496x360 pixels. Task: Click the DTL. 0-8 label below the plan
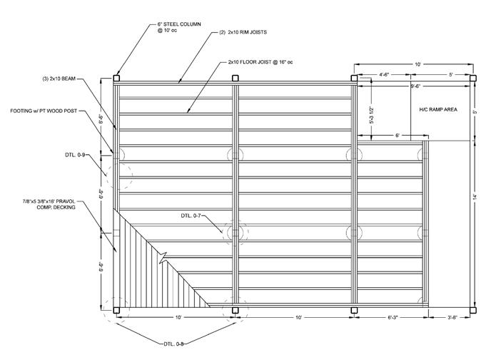coord(173,344)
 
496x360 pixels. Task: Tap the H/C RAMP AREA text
coord(438,111)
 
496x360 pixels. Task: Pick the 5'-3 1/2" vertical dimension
coord(370,114)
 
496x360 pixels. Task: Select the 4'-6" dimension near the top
coord(384,74)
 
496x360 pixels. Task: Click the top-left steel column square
coord(116,79)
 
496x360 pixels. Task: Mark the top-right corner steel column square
coord(472,79)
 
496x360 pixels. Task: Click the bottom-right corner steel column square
coord(472,310)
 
